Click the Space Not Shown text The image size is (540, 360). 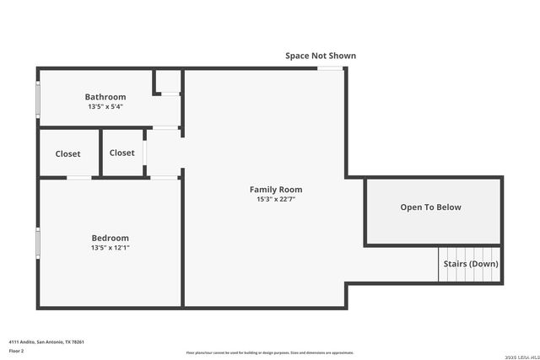(321, 56)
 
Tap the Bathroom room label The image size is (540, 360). (105, 97)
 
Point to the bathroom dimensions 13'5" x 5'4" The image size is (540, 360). (105, 107)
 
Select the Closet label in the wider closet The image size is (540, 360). (68, 153)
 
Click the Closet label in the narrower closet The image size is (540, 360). (122, 153)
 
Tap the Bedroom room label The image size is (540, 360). (111, 238)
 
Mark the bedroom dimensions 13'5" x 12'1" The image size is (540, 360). (111, 248)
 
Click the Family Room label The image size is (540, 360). (276, 190)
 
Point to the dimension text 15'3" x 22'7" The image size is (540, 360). (276, 200)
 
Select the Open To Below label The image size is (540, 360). (431, 207)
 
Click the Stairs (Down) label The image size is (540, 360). (471, 264)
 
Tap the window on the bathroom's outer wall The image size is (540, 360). (37, 99)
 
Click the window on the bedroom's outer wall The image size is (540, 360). (37, 243)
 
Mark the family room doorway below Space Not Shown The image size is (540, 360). (330, 68)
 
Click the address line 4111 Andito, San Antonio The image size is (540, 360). (46, 341)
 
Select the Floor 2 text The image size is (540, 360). (17, 351)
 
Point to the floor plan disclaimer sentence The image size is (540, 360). (270, 352)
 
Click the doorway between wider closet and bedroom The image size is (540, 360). (79, 177)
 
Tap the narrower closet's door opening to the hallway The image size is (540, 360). (145, 153)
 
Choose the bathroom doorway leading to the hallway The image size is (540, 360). (165, 127)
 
